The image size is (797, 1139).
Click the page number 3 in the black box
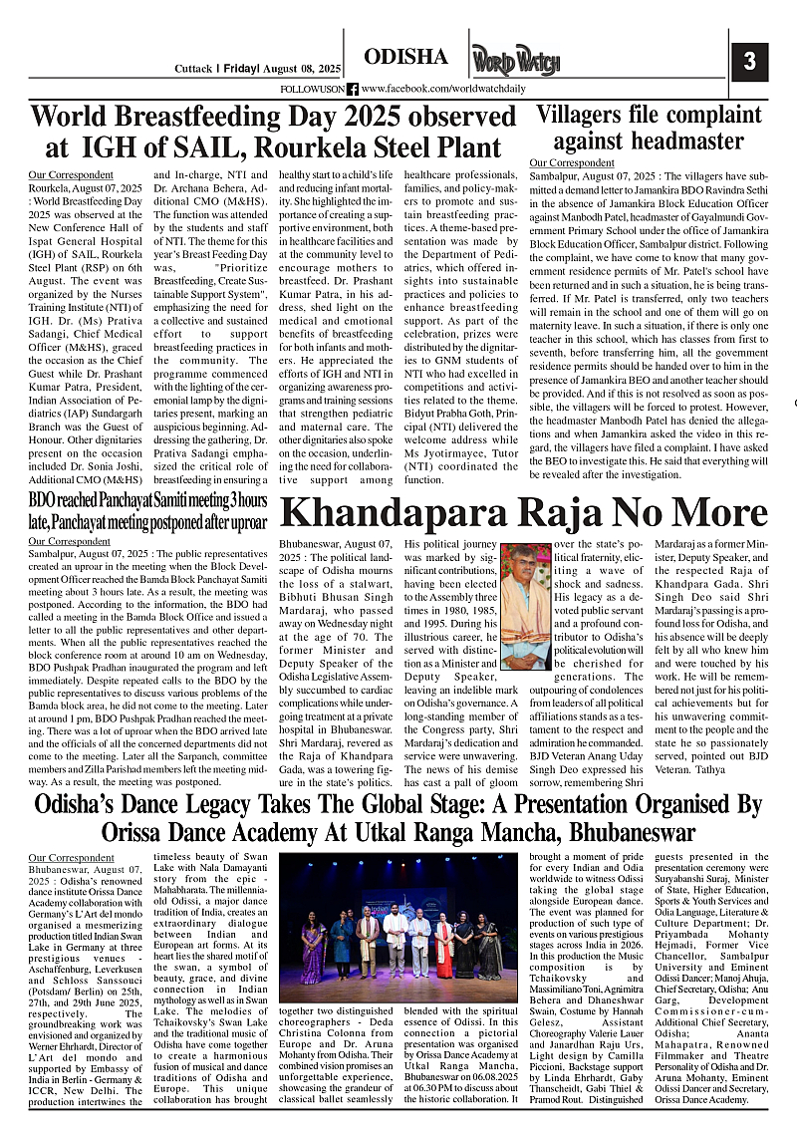(x=749, y=62)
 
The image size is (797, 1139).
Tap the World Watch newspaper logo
(x=516, y=62)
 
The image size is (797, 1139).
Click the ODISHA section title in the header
(x=406, y=57)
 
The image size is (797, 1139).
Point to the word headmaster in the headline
(x=649, y=140)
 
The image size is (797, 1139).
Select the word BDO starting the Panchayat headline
(x=43, y=499)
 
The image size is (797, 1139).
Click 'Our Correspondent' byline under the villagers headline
(x=572, y=162)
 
